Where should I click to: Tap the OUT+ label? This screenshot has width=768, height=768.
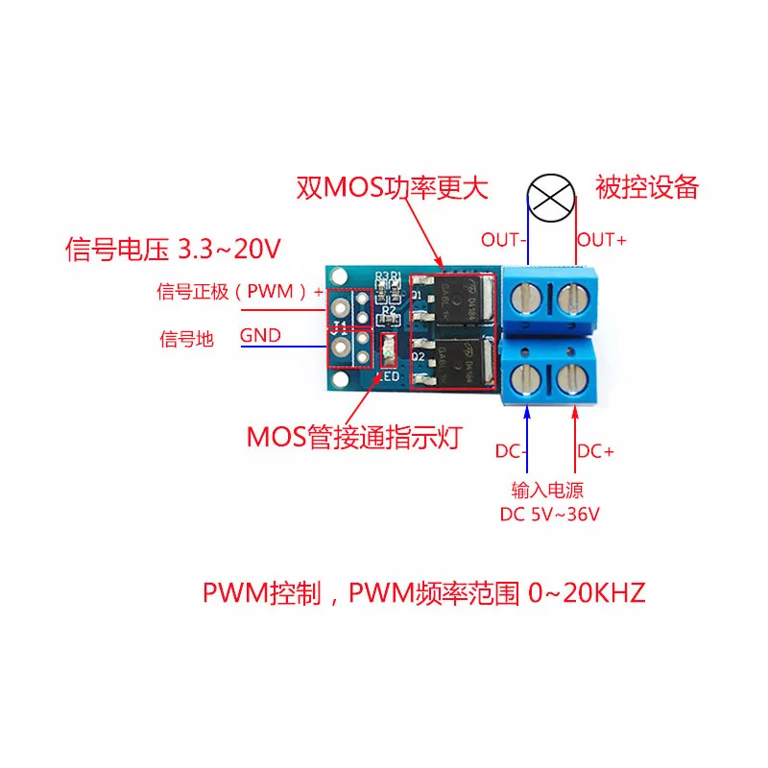click(602, 240)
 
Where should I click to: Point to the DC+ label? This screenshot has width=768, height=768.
click(595, 450)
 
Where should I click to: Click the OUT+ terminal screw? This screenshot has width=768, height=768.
click(572, 299)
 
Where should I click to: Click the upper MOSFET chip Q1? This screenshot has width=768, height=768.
click(451, 301)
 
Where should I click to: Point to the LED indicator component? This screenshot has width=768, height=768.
click(387, 351)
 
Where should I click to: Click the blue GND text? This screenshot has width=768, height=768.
click(259, 335)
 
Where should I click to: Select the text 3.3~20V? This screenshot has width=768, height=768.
click(229, 251)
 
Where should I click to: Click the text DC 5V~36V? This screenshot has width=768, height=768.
click(549, 514)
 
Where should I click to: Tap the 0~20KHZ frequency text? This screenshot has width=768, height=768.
click(587, 592)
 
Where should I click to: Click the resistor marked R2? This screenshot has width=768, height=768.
click(389, 309)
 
